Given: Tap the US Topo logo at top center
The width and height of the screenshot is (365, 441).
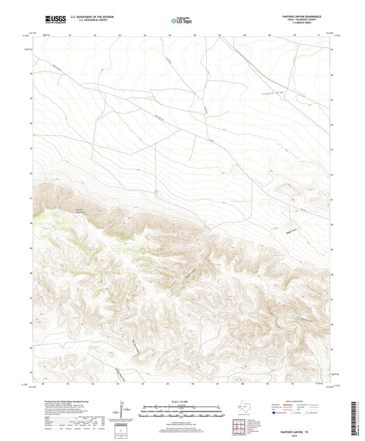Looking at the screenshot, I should pos(181,21).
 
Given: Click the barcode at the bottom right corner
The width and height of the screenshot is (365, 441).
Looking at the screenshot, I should pos(357,418).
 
